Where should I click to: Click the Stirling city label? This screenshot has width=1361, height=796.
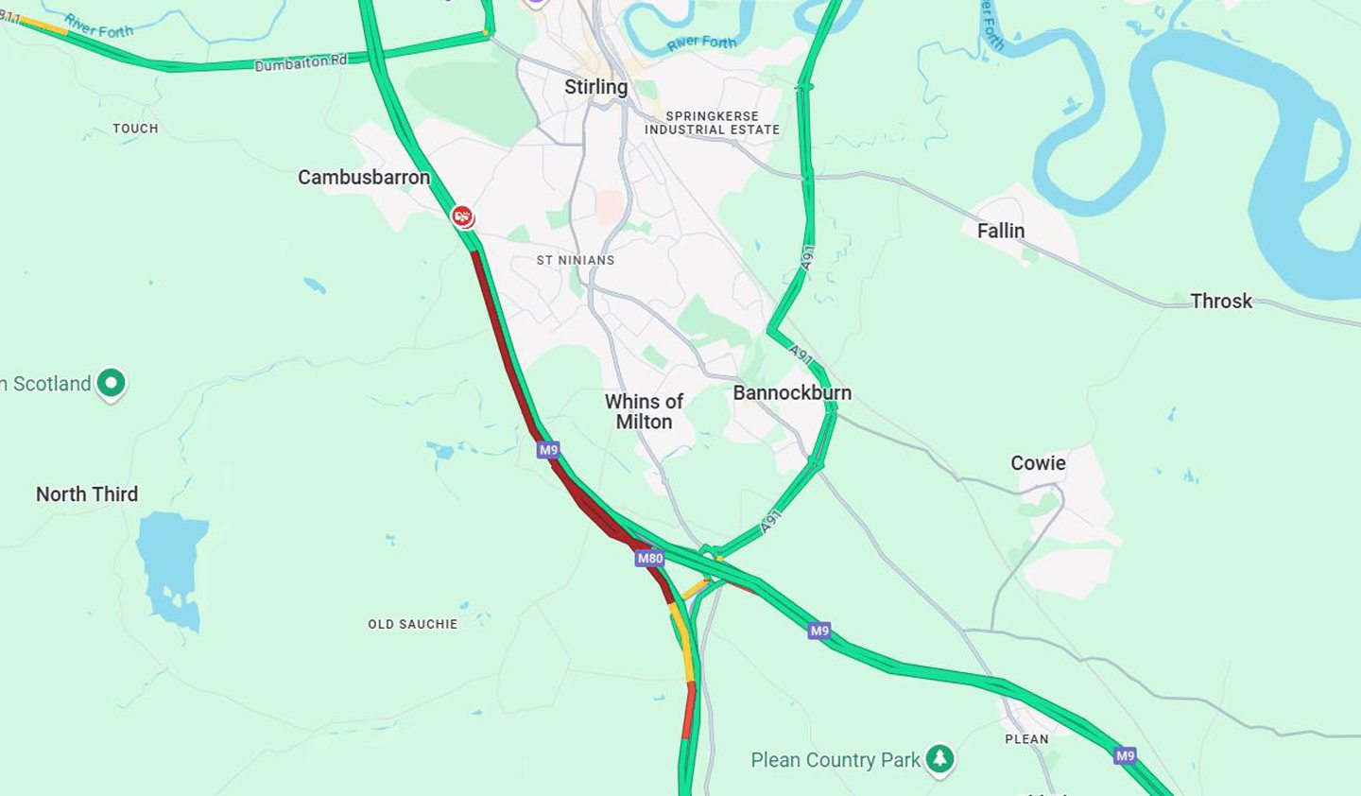coord(595,87)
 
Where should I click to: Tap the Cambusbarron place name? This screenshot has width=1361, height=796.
coord(364,178)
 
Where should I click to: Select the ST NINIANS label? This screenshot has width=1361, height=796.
coord(576,260)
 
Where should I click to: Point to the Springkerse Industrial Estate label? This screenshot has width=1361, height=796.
coord(712,123)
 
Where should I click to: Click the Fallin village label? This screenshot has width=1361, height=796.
coord(1000,231)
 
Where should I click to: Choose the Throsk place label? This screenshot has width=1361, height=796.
coord(1220,302)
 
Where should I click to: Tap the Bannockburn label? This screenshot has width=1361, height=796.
coord(792,392)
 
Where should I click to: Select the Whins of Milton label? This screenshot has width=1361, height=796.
coord(644,411)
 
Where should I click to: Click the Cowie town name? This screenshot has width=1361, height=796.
coord(1038,463)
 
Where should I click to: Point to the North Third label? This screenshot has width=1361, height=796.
coord(87,494)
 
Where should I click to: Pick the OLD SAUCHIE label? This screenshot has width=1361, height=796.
coord(412,624)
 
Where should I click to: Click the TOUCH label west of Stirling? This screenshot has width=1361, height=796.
coord(135,129)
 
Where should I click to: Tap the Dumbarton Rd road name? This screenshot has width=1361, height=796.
coord(301,63)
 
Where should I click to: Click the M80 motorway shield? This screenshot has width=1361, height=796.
coord(649,558)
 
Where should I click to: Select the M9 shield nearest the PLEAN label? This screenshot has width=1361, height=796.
coord(1124,755)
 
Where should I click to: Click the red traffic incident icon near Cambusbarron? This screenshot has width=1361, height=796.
coord(462,216)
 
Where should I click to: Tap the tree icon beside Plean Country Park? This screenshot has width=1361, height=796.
coord(939,758)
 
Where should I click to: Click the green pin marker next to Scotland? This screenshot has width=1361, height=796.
coord(112,383)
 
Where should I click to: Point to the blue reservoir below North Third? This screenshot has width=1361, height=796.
coord(171,567)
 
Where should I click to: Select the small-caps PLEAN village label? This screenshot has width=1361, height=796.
coord(1026,739)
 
